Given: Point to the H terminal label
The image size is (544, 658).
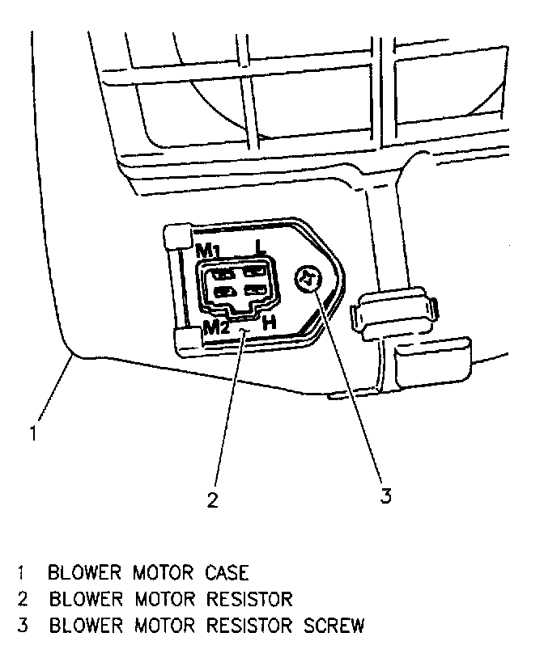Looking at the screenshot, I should tap(270, 323).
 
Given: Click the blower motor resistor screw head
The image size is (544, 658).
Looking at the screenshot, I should tap(308, 279).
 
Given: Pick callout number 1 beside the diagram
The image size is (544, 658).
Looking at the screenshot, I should tap(33, 433).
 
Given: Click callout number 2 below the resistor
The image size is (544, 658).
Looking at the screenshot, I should tap(212, 500).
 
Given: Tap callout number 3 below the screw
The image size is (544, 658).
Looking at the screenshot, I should tap(386, 496).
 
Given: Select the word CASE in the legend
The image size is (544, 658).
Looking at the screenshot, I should tap(224, 574).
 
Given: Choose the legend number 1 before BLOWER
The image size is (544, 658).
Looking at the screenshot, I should tap(20, 574).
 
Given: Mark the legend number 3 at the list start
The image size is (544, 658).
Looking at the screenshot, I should tap(20, 626).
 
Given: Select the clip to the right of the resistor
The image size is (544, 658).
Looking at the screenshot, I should tap(393, 311).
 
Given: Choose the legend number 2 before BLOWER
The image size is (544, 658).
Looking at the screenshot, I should tap(20, 600).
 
